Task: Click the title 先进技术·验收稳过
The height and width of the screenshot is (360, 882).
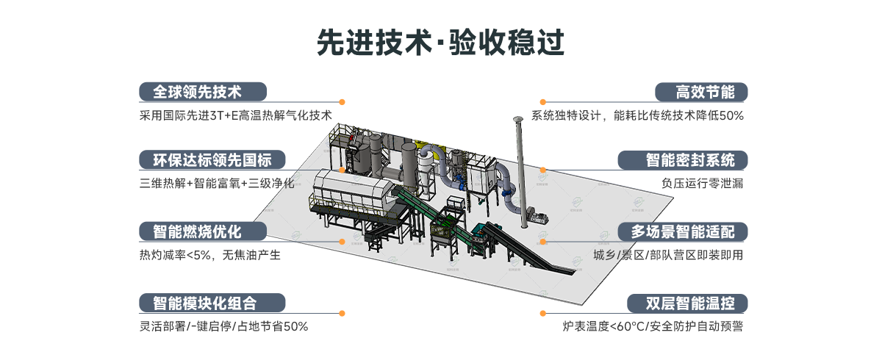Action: coord(440,42)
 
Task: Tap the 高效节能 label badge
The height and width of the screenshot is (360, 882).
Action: coord(701,92)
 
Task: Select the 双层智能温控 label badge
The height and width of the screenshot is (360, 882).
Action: coord(686,303)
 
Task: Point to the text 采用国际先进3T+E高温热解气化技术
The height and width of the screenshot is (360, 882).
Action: coord(235,115)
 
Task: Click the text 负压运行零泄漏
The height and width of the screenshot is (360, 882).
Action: coord(702,184)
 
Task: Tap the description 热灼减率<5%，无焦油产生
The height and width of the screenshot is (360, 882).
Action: coord(209,255)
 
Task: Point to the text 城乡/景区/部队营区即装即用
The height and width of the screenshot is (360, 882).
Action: coord(668,255)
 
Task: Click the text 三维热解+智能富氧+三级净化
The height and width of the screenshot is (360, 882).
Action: coord(216,184)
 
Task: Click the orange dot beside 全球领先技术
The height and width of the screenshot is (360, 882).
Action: coord(342,102)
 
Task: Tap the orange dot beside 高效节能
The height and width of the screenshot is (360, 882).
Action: coord(543,102)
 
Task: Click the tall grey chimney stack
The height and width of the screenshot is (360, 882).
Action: coord(519,162)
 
